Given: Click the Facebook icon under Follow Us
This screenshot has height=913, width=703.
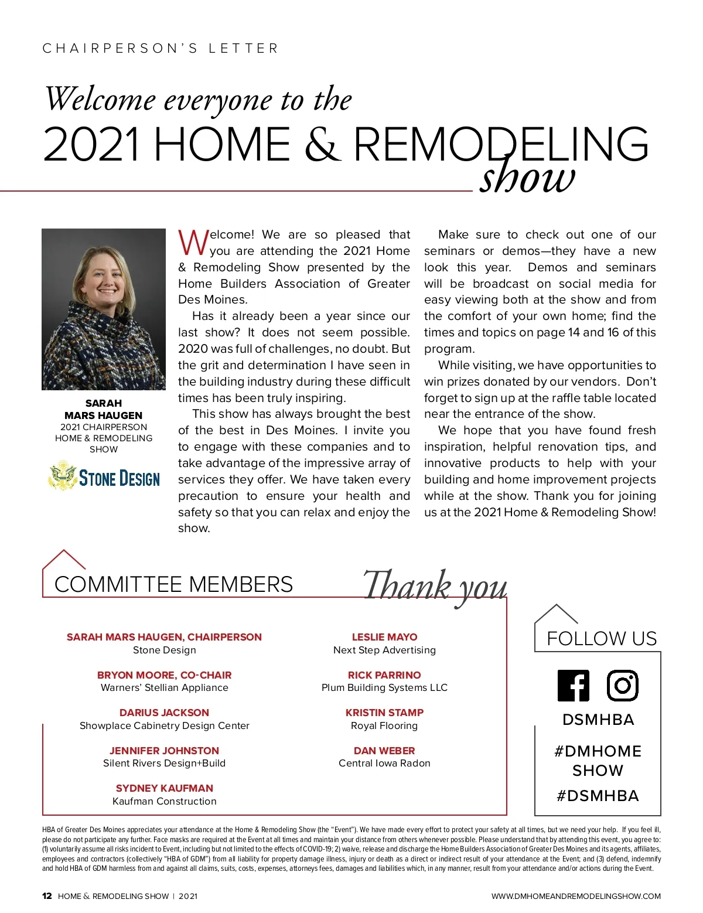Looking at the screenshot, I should coord(573,685).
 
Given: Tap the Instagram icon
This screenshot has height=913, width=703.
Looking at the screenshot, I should coord(622,685).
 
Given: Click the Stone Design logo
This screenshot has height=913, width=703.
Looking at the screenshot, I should coord(104,477).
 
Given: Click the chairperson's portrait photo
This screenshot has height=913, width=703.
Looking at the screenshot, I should coord(104,309).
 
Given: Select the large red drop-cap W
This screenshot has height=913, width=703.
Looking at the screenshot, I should coord(193,243).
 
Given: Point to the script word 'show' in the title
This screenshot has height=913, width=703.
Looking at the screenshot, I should coord(527,178).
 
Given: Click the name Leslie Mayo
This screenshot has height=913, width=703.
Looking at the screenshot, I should coord(384,637).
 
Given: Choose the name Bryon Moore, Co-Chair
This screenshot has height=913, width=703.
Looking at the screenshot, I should coord(164,675).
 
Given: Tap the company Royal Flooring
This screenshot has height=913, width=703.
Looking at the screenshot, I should coord(384,725).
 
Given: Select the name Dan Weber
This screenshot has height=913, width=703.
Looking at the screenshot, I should coord(384,751).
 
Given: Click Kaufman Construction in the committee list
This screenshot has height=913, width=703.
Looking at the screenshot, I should coord(164,801).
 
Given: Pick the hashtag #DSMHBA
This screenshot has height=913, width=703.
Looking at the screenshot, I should coord(598,796).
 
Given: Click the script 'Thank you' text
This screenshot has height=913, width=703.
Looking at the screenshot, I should coord(435,586).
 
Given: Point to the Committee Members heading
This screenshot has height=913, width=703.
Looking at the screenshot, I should coord(173,584).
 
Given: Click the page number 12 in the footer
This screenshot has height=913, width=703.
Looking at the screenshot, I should coord(47,896).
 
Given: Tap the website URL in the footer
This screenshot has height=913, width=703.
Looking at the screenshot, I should coord(576,896).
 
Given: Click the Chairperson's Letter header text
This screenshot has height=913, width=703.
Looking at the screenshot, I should coord(161,48).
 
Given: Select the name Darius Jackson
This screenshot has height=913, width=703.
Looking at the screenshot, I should coord(164,713).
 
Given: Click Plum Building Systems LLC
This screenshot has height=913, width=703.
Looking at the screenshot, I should coord(384,687).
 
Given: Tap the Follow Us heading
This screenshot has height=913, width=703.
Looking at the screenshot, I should coord(602,638).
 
